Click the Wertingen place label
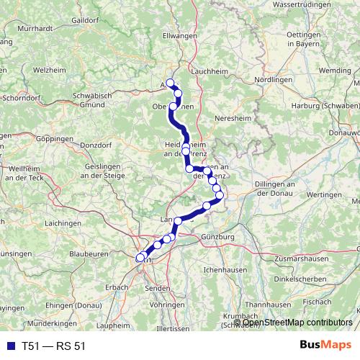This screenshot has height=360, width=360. click(322, 194)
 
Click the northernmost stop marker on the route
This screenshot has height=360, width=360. click(171, 83)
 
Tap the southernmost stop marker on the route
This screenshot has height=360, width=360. click(140, 257)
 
